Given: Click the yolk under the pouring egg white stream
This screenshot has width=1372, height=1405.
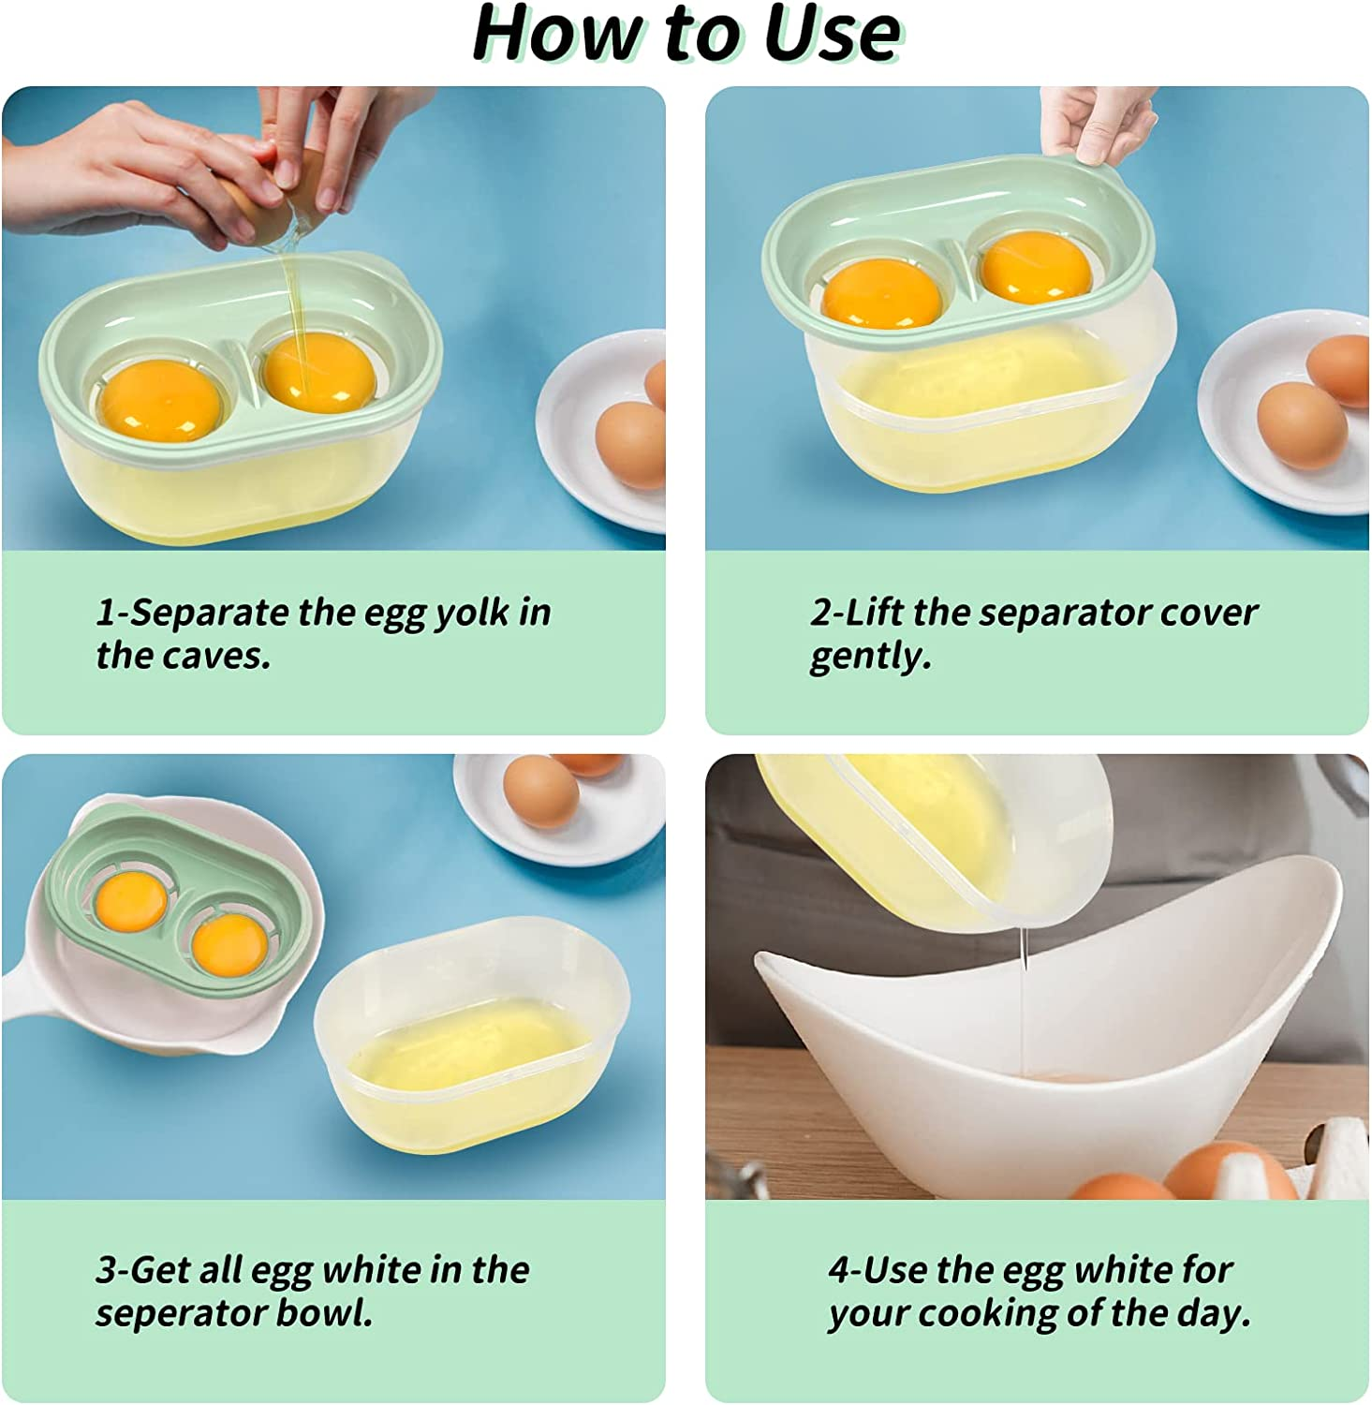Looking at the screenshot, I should click(318, 374).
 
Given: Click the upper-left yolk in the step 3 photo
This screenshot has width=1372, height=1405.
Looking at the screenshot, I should click(130, 901).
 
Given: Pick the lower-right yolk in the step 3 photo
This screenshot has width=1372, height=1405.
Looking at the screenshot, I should click(228, 942).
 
